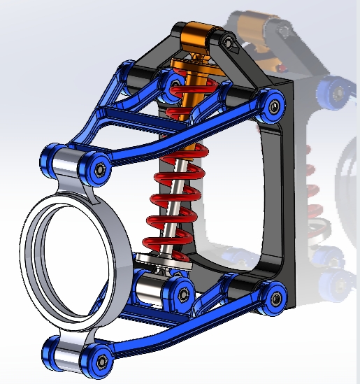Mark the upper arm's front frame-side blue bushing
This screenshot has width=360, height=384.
(x=127, y=73)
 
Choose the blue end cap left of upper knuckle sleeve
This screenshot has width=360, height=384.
(x=50, y=157)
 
